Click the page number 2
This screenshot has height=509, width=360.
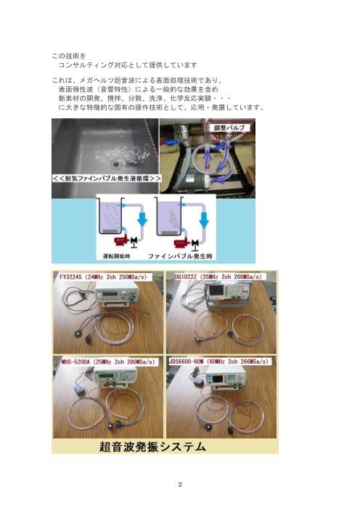click(180, 484)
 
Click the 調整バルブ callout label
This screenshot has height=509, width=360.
click(229, 128)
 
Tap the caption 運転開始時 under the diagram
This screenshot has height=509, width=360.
click(117, 256)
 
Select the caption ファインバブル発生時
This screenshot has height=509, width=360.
click(180, 256)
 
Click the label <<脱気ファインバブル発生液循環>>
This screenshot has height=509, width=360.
click(107, 178)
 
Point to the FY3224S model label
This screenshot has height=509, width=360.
click(103, 277)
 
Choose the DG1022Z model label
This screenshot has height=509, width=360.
click(218, 277)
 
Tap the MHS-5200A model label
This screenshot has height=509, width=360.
click(108, 362)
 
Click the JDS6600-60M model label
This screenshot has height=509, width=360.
click(218, 362)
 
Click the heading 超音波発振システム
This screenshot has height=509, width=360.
click(152, 447)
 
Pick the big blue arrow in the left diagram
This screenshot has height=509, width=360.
click(142, 219)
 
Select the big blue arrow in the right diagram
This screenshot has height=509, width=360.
click(203, 219)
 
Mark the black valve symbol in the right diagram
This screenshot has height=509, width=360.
click(195, 244)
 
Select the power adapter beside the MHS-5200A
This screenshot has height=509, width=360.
click(79, 388)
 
